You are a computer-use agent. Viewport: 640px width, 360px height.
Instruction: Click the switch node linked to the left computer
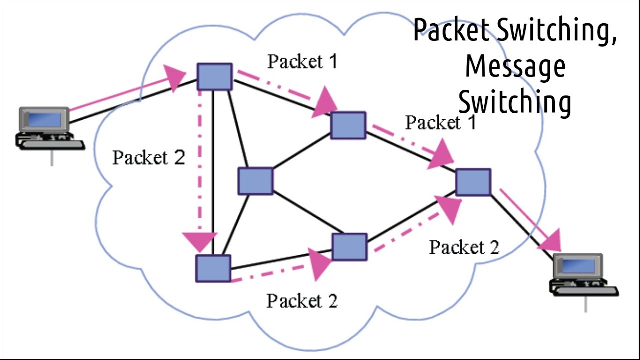coord(214,77)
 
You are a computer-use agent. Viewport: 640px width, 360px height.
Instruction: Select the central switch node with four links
coord(255,181)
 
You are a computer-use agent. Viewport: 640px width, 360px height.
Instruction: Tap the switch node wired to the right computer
coord(473,182)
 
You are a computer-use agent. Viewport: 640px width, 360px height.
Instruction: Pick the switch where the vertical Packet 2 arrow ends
coord(213,268)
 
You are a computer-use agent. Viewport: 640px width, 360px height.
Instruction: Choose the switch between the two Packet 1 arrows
coord(348,125)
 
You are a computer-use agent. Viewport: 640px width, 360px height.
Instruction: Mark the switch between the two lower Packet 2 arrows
coord(349,247)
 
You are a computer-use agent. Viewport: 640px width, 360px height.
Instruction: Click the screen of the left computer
coord(44,119)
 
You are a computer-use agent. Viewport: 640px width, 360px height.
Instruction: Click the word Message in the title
coord(515,67)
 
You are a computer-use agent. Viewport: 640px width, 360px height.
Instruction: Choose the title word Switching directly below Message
coord(515,102)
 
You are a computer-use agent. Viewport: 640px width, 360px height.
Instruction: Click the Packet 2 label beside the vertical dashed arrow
coord(148,158)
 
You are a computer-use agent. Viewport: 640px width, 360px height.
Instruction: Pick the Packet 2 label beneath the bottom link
coord(302,301)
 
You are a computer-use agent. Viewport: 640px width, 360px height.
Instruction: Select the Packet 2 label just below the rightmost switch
coord(464,247)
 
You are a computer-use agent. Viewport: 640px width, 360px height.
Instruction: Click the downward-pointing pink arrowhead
coord(202,242)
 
